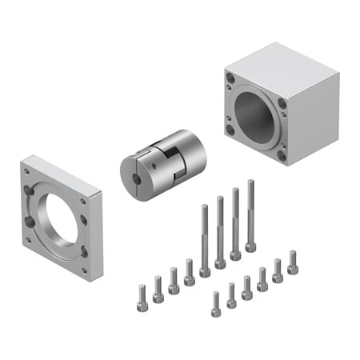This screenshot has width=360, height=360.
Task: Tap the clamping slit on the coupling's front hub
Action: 140,179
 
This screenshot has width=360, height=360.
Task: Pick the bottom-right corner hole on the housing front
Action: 282,154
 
